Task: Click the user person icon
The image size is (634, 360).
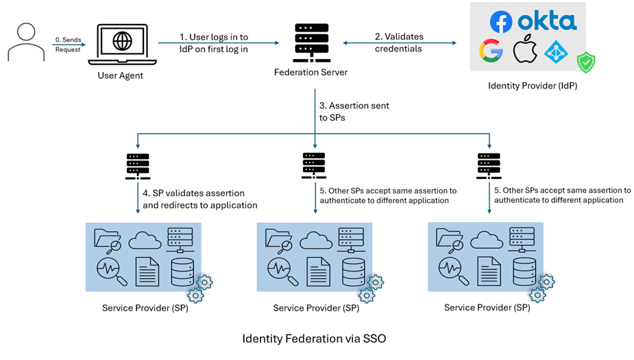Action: [x=25, y=43]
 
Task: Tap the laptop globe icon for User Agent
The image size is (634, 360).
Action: [x=123, y=43]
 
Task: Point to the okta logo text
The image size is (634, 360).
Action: [x=547, y=21]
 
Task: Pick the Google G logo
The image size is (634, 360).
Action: [x=491, y=51]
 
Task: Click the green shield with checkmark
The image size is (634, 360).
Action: [x=585, y=62]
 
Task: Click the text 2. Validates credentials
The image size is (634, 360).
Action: [x=399, y=42]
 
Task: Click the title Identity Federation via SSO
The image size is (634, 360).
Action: [x=319, y=339]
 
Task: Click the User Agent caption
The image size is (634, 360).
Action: [x=121, y=75]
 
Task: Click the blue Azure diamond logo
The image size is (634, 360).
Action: [x=557, y=52]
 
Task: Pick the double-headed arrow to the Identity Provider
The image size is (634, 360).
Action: [x=400, y=43]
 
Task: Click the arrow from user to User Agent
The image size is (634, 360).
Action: [x=69, y=44]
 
